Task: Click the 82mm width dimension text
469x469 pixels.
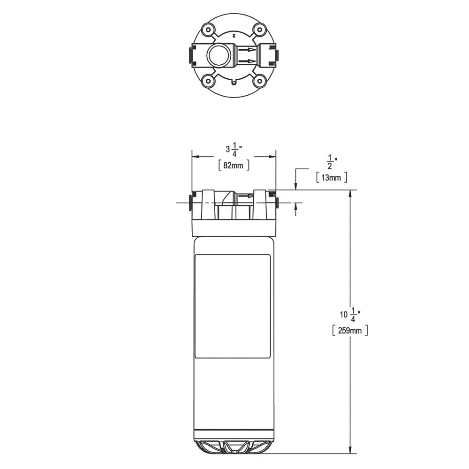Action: click(x=233, y=165)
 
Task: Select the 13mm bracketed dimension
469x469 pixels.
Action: click(x=332, y=177)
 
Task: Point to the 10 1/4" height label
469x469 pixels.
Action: click(x=350, y=314)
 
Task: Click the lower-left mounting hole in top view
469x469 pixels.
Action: click(x=208, y=81)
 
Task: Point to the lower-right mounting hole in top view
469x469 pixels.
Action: click(x=258, y=81)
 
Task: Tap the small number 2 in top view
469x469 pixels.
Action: click(x=233, y=35)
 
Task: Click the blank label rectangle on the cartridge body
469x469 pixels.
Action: click(x=233, y=306)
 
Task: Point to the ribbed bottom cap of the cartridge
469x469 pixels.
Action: click(x=233, y=446)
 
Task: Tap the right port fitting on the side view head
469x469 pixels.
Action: click(x=277, y=202)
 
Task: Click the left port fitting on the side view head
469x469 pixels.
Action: click(x=190, y=202)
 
